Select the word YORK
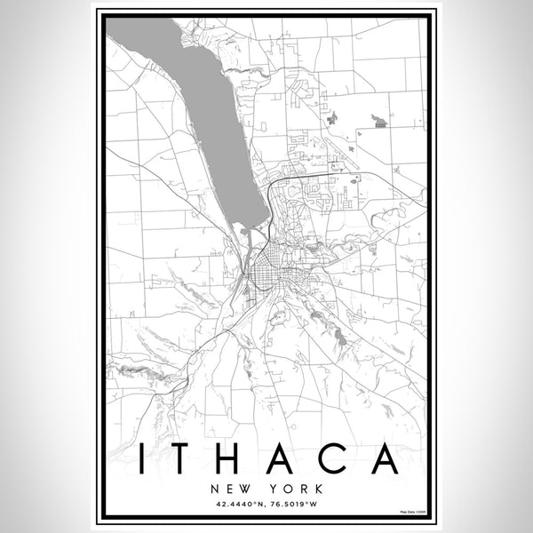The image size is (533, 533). (286, 488)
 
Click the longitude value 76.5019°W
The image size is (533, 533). (294, 505)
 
